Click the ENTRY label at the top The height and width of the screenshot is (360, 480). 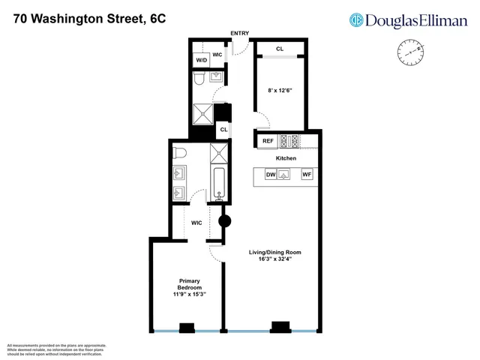[239, 34]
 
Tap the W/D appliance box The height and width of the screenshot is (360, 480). [202, 60]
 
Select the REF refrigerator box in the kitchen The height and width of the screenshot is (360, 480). [268, 141]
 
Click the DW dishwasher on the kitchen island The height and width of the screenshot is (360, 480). [271, 175]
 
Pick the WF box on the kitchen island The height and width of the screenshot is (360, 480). [306, 175]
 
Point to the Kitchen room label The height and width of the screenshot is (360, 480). [286, 158]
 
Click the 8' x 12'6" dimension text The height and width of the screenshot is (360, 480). [280, 91]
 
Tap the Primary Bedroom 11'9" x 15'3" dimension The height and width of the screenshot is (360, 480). [188, 293]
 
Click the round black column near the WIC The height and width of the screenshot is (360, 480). [223, 221]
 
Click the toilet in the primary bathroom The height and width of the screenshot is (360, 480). [179, 153]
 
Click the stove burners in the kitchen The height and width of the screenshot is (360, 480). [289, 140]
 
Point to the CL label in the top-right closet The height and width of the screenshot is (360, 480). [280, 49]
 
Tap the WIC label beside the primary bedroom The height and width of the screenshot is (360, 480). [196, 223]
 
